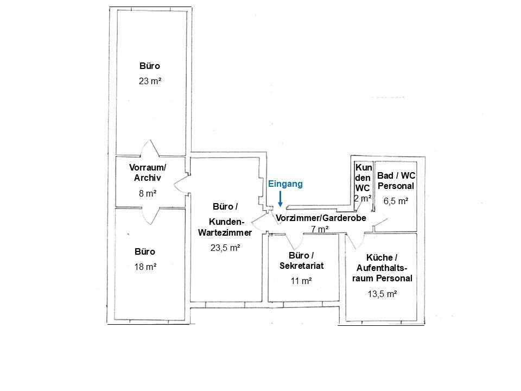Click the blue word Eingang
285,184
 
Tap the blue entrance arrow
280,199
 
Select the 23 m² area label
150,81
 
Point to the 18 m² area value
145,267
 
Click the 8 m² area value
148,193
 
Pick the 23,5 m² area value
225,248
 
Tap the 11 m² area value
301,281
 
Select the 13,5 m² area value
382,294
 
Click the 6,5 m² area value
396,201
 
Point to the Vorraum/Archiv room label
148,173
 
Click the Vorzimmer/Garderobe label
321,218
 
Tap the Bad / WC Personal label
396,180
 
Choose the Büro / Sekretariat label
301,260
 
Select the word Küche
379,257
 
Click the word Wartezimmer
225,233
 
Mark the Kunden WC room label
363,178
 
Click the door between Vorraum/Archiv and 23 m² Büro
150,149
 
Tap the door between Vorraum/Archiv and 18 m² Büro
150,216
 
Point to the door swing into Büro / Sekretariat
294,241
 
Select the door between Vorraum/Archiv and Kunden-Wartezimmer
182,184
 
